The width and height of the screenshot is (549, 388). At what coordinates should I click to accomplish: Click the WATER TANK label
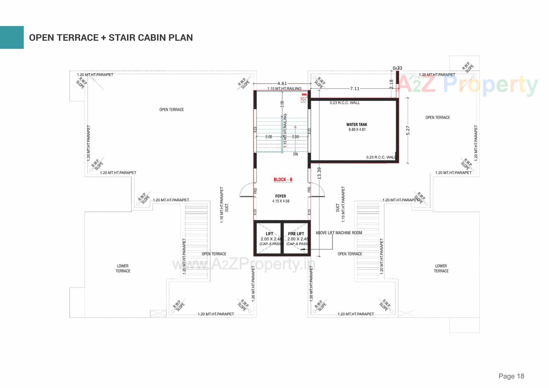pyautogui.click(x=357, y=125)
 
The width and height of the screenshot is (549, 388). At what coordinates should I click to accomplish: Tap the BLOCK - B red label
pyautogui.click(x=283, y=180)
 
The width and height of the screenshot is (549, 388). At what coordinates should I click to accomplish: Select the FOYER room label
pyautogui.click(x=281, y=196)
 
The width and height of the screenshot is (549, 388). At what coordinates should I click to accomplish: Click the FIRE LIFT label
pyautogui.click(x=296, y=234)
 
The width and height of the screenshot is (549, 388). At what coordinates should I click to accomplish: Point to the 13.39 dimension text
pyautogui.click(x=319, y=173)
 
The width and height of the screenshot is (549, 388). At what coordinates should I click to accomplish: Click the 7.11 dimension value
pyautogui.click(x=355, y=89)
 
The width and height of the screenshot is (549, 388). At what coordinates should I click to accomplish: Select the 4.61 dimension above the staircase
pyautogui.click(x=282, y=83)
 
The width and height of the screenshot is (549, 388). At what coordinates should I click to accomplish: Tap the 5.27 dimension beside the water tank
pyautogui.click(x=408, y=130)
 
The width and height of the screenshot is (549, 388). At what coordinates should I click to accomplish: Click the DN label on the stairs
pyautogui.click(x=295, y=154)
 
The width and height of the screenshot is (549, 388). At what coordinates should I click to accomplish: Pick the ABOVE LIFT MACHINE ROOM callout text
pyautogui.click(x=339, y=233)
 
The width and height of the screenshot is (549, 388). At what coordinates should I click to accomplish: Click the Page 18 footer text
pyautogui.click(x=511, y=376)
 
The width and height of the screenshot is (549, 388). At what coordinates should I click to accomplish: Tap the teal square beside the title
pyautogui.click(x=12, y=37)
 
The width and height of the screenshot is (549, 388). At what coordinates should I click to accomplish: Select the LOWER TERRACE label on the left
pyautogui.click(x=123, y=268)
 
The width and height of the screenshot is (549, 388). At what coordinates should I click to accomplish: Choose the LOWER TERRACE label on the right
pyautogui.click(x=441, y=268)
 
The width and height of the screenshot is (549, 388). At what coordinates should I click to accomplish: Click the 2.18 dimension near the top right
pyautogui.click(x=391, y=84)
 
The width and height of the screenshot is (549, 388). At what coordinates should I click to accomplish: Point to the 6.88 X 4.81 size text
pyautogui.click(x=357, y=130)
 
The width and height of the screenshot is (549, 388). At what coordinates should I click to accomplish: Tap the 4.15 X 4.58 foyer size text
pyautogui.click(x=281, y=201)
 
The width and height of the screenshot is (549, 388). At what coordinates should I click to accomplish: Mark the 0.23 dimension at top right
pyautogui.click(x=397, y=68)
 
